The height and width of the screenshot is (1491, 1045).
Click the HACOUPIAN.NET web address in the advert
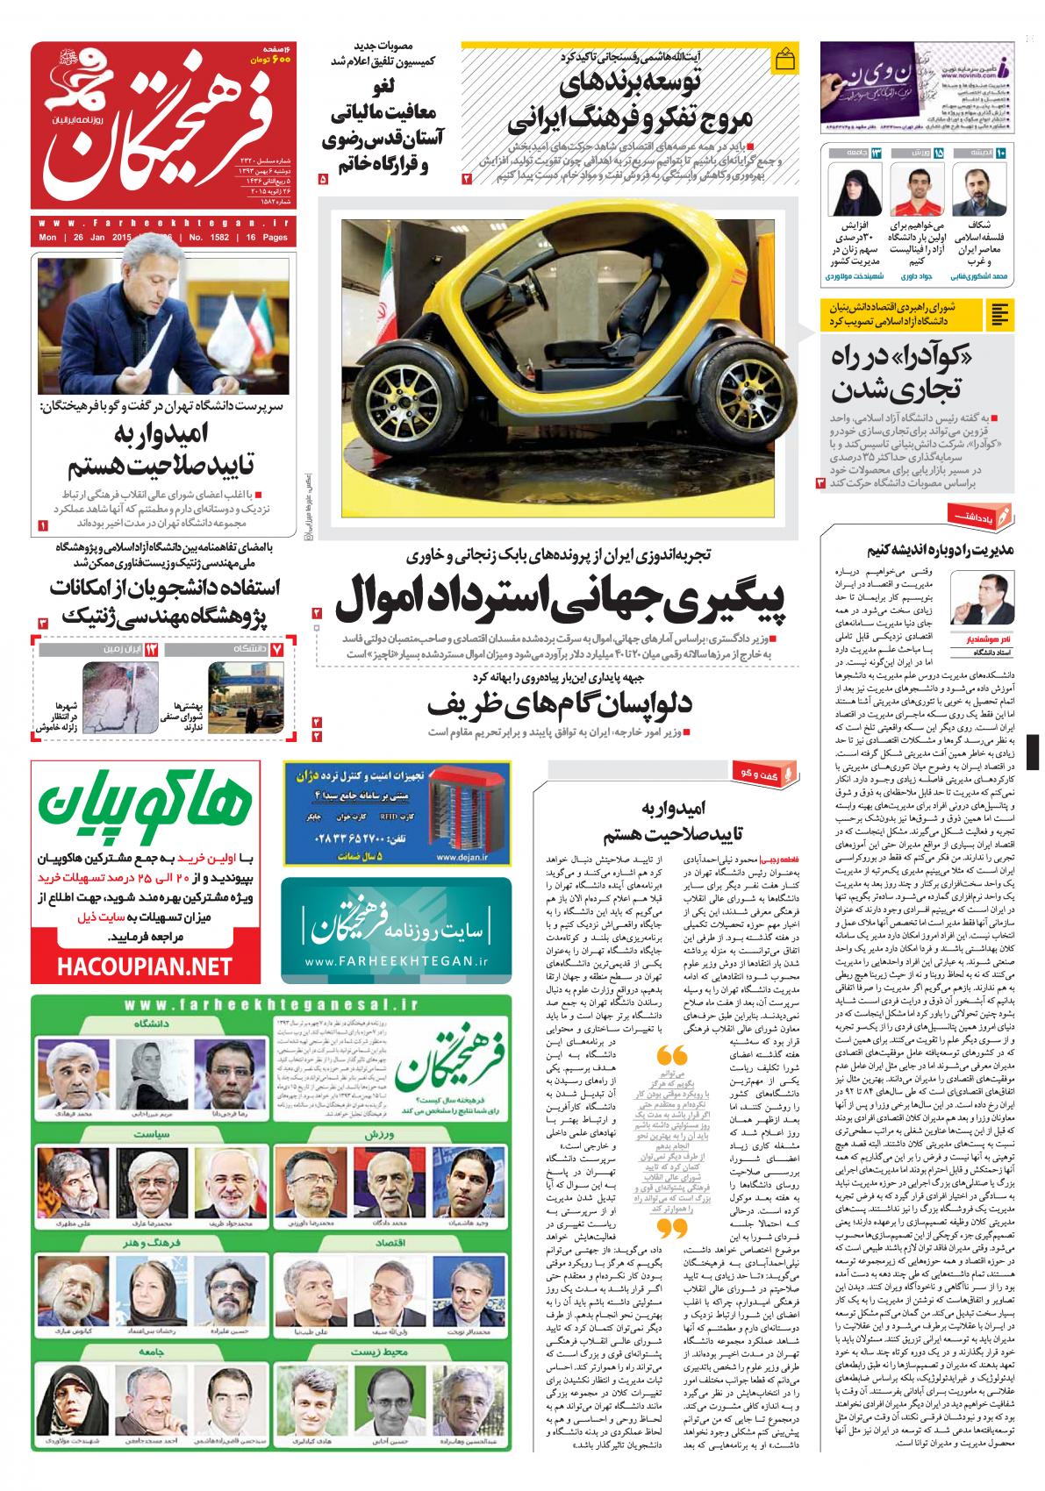[x=146, y=967]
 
